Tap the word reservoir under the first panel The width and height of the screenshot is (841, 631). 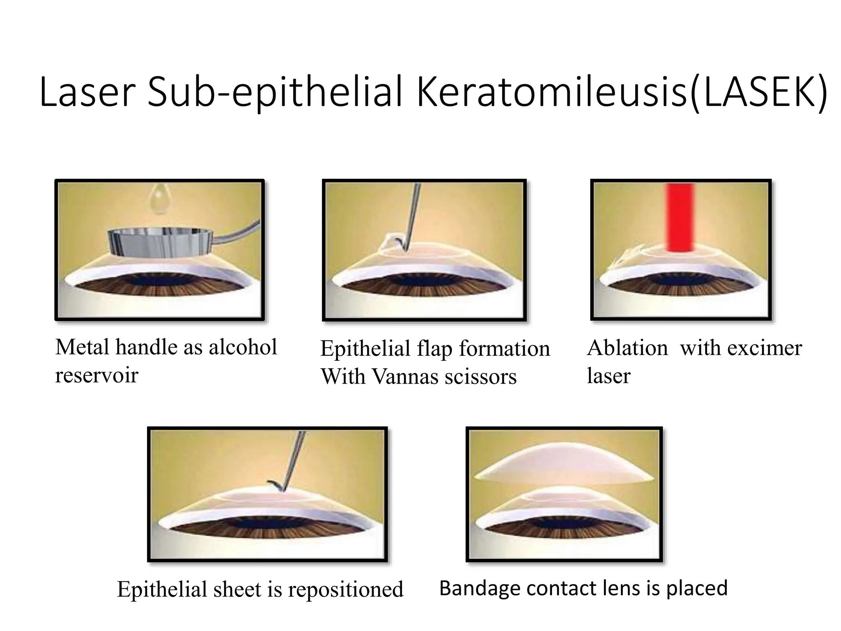pyautogui.click(x=97, y=375)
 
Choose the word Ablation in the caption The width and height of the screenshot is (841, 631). pyautogui.click(x=627, y=348)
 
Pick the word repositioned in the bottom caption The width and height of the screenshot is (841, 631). pyautogui.click(x=345, y=590)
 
